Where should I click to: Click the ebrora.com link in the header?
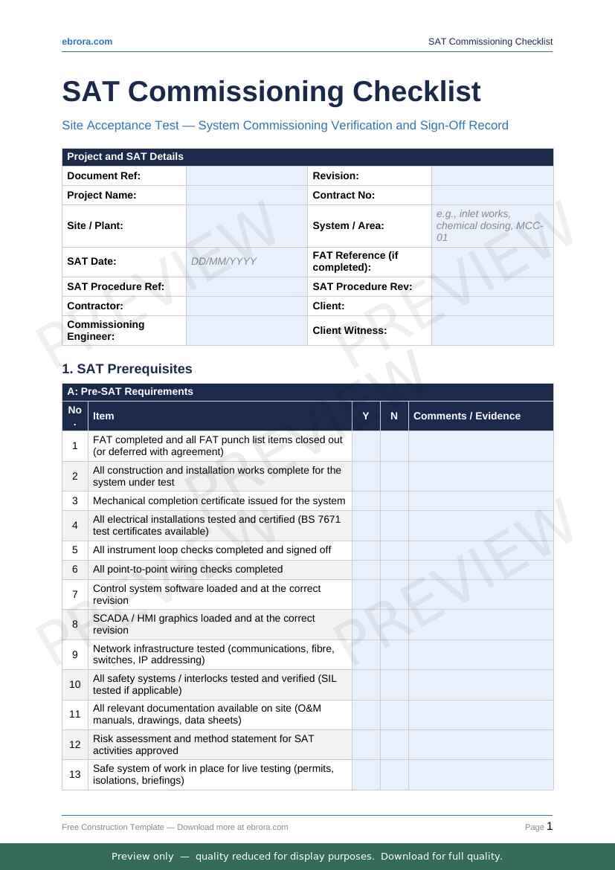pos(87,42)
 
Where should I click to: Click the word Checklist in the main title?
pos(416,91)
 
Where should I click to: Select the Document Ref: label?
pos(103,176)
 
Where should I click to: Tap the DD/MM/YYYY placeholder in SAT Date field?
pos(224,262)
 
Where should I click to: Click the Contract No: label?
pos(344,196)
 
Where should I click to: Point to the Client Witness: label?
pos(350,331)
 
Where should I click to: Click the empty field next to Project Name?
pos(246,196)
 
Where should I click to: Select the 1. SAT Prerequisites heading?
pos(127,369)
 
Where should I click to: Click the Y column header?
pos(366,416)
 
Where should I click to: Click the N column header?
pos(394,416)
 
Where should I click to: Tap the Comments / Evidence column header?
pos(467,416)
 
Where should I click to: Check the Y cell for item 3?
pos(366,501)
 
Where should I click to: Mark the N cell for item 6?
pos(394,570)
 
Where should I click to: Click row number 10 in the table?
pos(75,685)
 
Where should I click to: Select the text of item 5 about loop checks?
pos(212,550)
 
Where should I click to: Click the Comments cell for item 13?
pos(480,775)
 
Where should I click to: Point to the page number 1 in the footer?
pos(550,826)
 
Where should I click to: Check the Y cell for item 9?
pos(366,655)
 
